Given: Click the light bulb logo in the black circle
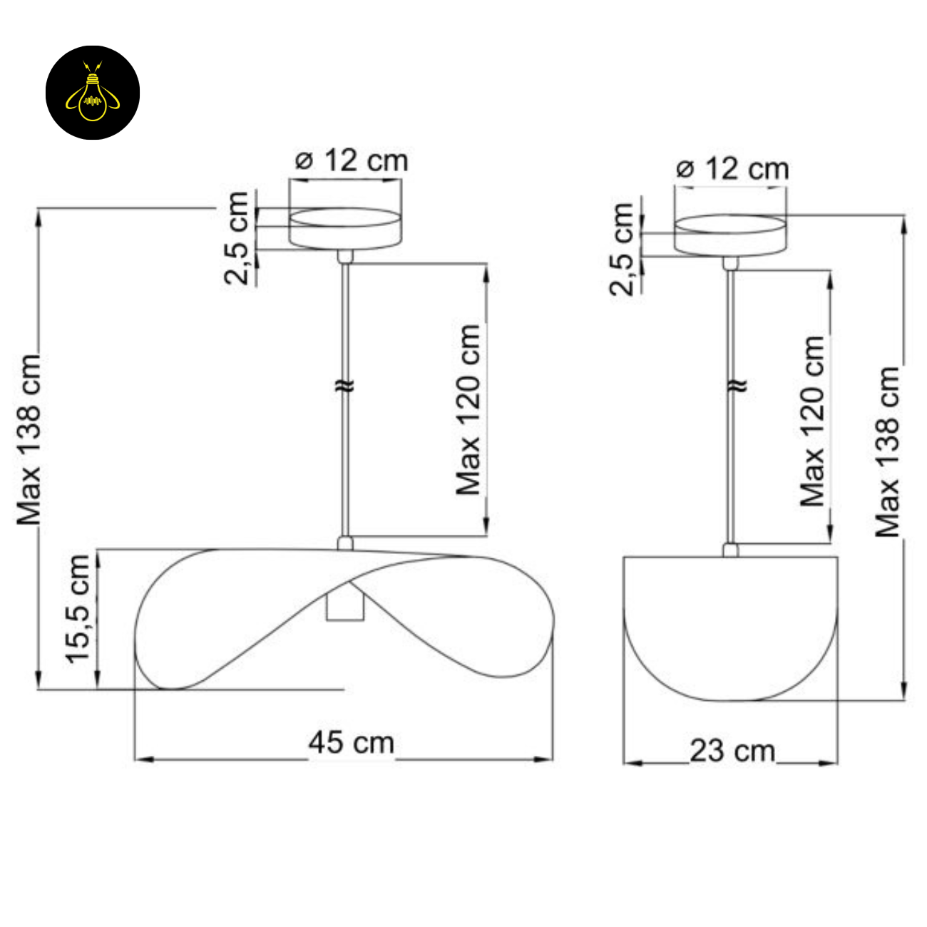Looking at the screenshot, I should click(93, 93).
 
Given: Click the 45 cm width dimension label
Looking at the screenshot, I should click(351, 742).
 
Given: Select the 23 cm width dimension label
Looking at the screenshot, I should click(732, 750).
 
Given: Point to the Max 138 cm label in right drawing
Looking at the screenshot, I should click(888, 452).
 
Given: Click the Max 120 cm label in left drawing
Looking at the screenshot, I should click(468, 409).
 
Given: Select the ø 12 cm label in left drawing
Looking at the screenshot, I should click(352, 160).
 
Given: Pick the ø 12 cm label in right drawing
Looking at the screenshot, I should click(732, 169).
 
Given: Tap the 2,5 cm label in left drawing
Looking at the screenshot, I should click(238, 237).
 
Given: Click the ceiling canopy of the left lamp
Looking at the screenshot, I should click(345, 229).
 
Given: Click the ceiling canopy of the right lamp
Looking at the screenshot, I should click(730, 235).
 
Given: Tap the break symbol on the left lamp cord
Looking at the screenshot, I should click(345, 386).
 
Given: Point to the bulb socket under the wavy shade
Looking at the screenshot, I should click(345, 605).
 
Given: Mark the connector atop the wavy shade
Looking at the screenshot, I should click(345, 543).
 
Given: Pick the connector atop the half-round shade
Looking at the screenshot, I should click(730, 550).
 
